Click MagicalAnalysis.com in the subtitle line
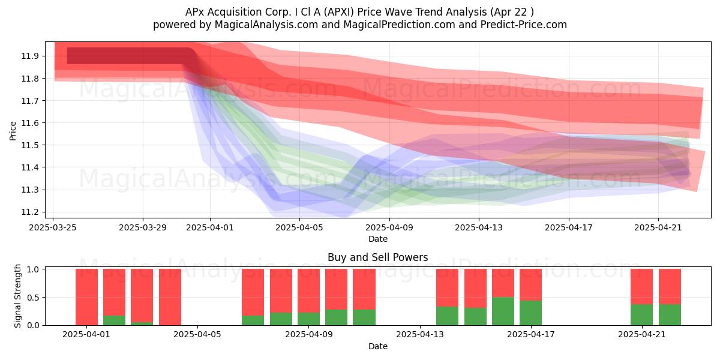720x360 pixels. pos(266,25)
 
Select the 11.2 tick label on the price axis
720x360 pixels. pos(30,212)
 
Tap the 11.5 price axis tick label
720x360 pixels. pos(30,145)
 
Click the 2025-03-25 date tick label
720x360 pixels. pos(53,227)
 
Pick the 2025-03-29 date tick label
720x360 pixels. pos(143,227)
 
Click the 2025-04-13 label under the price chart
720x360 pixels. pos(479,227)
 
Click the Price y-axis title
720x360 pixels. pos(13,131)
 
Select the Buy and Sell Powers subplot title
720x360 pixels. pos(377,257)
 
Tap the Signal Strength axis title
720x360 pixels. pos(17,296)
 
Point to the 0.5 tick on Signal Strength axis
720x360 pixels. pos(33,298)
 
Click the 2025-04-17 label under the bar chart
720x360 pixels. pos(530,335)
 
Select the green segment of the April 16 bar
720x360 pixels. pos(503,311)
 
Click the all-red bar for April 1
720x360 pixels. pos(86,297)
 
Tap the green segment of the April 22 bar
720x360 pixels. pos(670,314)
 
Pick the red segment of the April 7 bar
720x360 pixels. pos(253,292)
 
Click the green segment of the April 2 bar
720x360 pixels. pos(114,320)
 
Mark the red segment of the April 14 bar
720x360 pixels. pos(447,287)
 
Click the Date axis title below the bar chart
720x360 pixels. pos(377,346)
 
